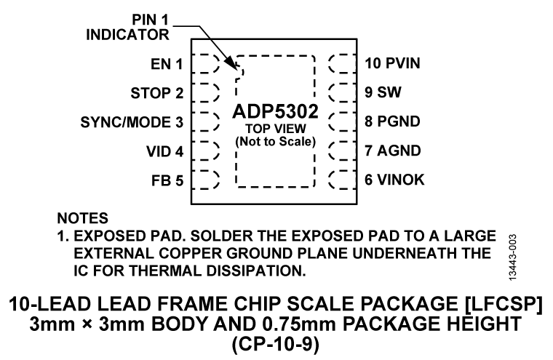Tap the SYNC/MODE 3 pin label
coord(132,122)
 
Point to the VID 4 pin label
coord(163,151)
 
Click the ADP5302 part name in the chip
coord(274,113)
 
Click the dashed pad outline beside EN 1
coord(208,64)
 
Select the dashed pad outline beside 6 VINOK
coord(340,180)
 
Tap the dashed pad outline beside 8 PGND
coord(340,122)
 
